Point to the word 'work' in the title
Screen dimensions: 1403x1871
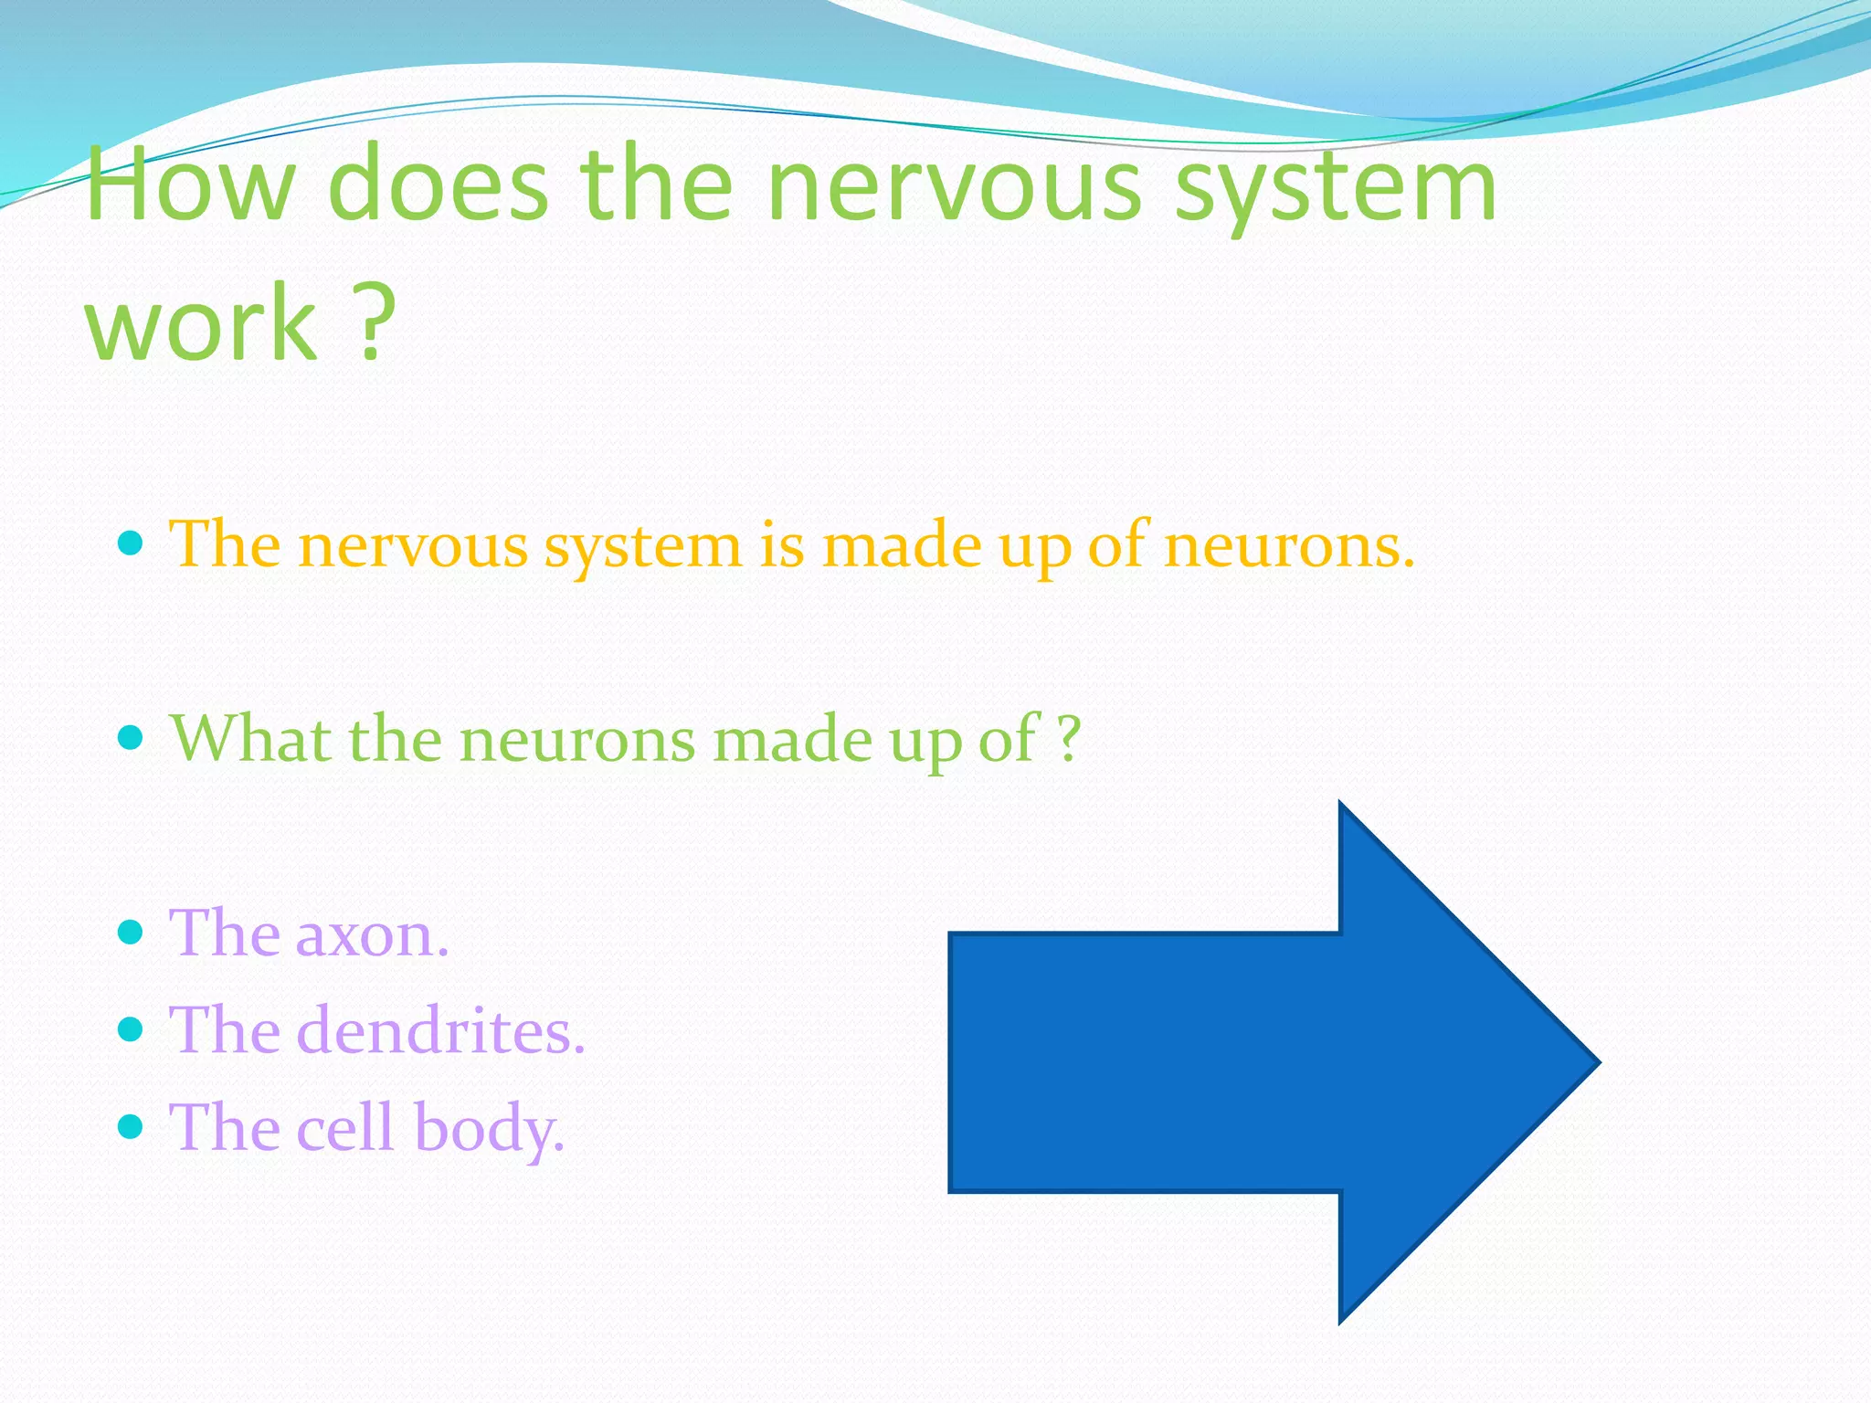201,322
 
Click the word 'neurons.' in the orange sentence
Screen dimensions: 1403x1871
1289,545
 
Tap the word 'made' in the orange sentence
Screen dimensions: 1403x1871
901,545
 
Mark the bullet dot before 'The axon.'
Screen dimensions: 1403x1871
132,933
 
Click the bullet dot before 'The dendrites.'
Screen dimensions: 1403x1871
132,1029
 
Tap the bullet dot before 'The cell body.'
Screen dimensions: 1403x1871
132,1126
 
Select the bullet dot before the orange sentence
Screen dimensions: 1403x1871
132,544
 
